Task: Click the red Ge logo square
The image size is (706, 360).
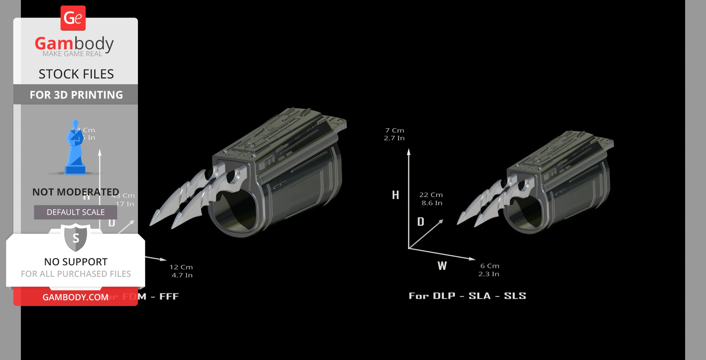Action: pos(73,18)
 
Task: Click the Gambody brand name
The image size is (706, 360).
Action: pos(74,44)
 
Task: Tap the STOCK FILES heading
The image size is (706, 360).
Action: pos(76,74)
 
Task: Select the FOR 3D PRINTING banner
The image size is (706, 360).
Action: pos(76,95)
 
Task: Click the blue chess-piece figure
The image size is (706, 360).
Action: pos(75,148)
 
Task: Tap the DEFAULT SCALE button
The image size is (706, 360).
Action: pos(76,212)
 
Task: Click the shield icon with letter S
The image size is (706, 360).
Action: pos(76,238)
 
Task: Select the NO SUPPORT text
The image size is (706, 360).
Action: pos(76,262)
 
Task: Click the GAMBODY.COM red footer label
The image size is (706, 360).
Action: pos(75,297)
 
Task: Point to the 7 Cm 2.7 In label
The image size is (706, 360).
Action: pos(394,134)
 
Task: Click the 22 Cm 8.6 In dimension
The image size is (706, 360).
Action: pos(431,199)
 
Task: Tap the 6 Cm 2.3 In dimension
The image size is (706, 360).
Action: pos(489,270)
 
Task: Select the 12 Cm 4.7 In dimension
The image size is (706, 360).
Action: pos(182,271)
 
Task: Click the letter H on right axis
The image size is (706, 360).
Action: pos(396,195)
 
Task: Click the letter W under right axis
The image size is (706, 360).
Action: pos(442,266)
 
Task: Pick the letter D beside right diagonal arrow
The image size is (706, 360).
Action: pos(421,222)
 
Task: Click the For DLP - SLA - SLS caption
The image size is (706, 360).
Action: pos(467,296)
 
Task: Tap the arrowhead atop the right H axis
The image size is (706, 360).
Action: pos(409,152)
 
